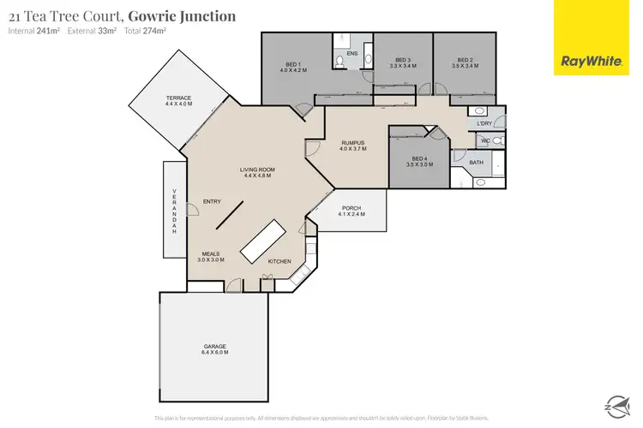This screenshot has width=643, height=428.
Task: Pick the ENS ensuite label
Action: (x=352, y=53)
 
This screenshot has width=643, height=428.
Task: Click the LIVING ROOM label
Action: (x=255, y=171)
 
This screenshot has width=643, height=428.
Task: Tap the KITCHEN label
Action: (x=280, y=261)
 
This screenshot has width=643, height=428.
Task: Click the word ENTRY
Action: (x=212, y=201)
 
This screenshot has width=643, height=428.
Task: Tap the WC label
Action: (x=484, y=140)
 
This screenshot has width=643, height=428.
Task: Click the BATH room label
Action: (x=476, y=162)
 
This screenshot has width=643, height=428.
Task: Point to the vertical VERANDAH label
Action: (x=175, y=211)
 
